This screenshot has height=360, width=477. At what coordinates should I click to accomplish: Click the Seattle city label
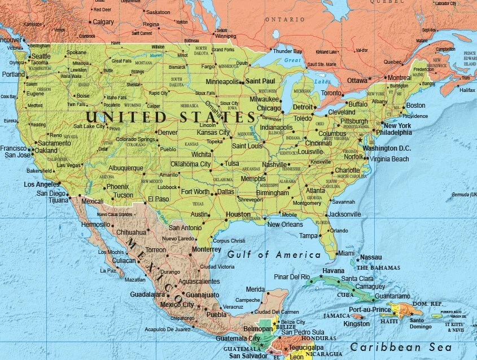coord(41,56)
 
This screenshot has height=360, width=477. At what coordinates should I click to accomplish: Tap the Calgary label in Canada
coord(103,22)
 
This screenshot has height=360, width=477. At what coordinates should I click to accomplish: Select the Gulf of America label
coord(274,255)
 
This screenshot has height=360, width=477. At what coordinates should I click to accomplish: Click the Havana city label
coord(333,270)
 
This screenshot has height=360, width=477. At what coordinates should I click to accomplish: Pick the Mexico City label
coord(177,305)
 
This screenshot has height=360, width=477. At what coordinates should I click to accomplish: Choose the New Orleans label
coord(285,225)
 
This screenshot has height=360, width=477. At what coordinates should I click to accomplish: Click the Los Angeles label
coord(41,185)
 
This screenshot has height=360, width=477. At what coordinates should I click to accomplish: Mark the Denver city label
coord(168,132)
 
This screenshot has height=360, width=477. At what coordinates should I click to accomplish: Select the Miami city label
coord(345,253)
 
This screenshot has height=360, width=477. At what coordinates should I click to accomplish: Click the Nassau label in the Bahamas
coord(370,257)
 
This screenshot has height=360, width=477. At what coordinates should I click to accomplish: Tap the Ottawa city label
coord(357,81)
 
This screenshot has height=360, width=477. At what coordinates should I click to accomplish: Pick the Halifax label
coord(467,90)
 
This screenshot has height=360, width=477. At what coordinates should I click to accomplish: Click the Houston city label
coord(238,214)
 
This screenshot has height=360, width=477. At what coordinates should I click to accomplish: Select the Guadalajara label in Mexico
coord(147,295)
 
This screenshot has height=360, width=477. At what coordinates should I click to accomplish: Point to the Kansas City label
coord(213,133)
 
